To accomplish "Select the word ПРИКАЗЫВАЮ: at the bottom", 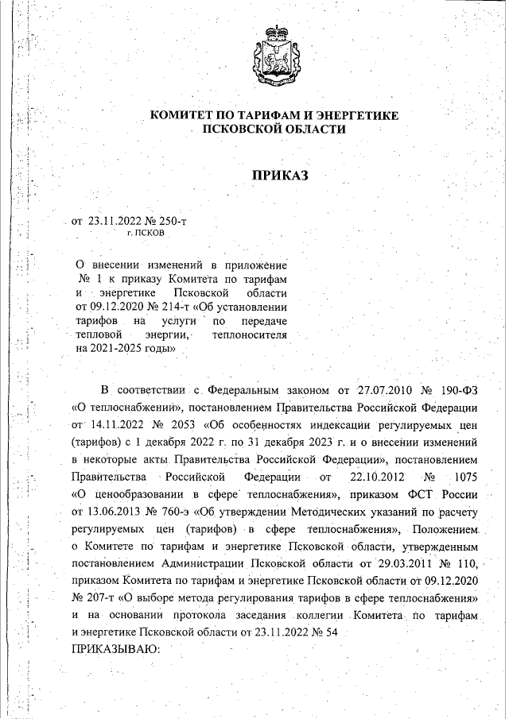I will (x=116, y=649).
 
